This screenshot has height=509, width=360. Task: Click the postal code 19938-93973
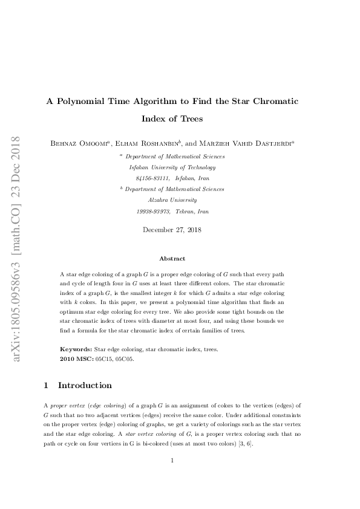[154, 212]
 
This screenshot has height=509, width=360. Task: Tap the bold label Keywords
[76, 349]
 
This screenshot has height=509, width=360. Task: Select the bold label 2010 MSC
[76, 358]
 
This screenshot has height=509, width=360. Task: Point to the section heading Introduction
[85, 385]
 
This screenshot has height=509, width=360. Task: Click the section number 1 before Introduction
[47, 385]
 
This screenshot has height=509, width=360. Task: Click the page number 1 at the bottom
[172, 461]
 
